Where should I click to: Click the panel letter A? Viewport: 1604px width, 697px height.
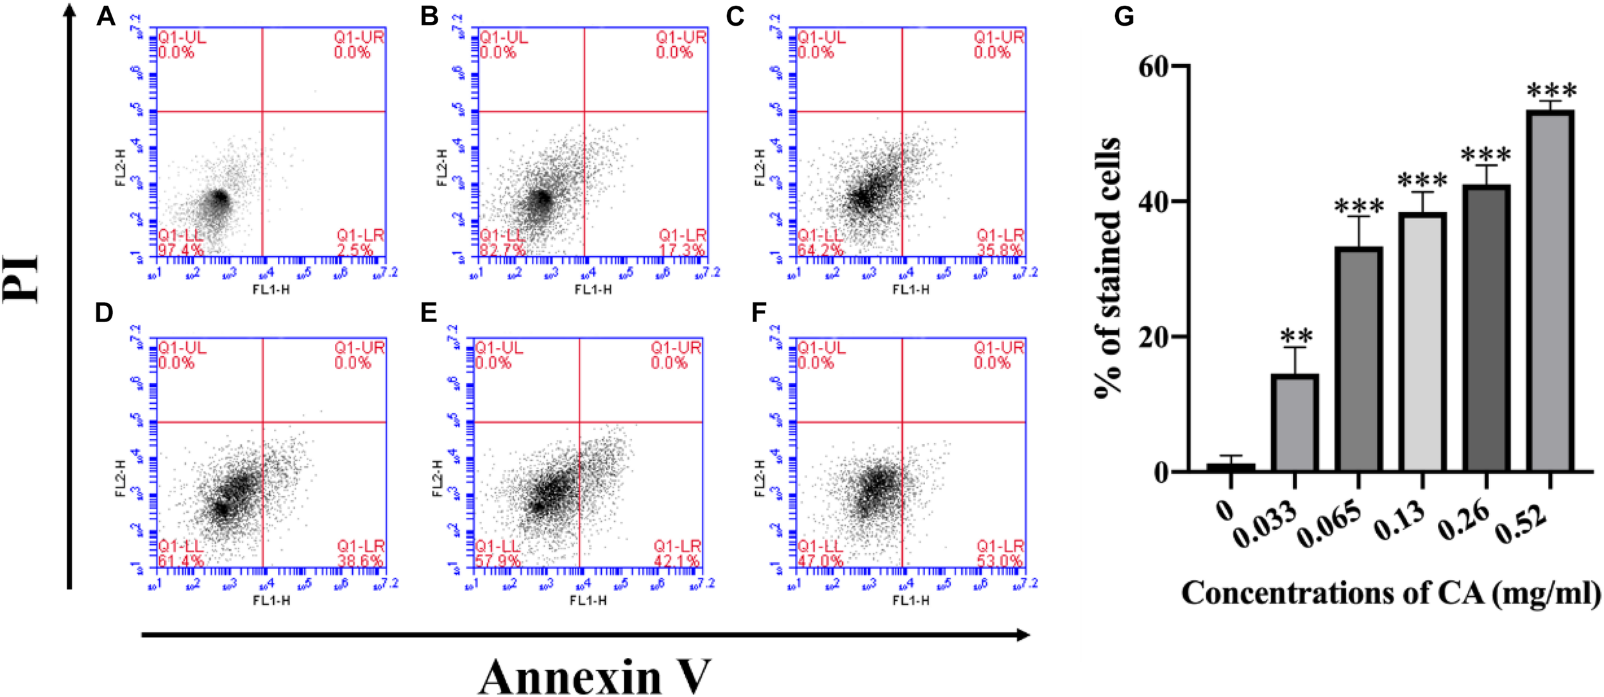(106, 16)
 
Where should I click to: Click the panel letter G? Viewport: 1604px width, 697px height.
(1124, 16)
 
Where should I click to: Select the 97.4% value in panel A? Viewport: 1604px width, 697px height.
(180, 250)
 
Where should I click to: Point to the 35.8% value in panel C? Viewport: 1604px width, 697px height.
(1000, 250)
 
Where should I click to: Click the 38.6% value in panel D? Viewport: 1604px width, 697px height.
(360, 561)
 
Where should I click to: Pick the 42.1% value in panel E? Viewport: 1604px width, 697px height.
(676, 561)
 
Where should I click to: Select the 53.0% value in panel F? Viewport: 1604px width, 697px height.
(1000, 561)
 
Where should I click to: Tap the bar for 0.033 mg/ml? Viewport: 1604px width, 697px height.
(1295, 424)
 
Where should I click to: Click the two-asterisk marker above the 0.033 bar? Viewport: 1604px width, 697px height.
(1296, 336)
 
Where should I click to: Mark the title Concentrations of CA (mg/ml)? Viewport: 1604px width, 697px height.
(1391, 592)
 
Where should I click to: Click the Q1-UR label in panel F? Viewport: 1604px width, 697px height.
(999, 348)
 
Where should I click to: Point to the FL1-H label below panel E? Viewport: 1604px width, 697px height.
(588, 600)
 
